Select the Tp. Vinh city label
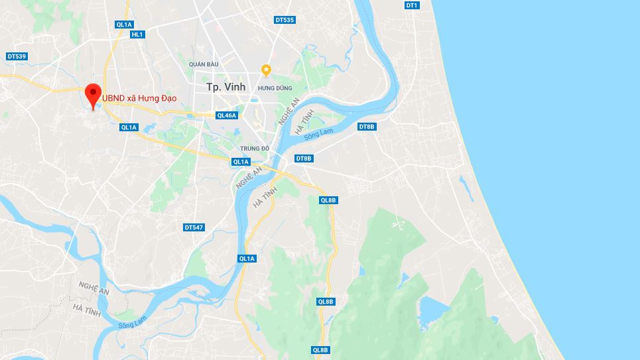point(225,87)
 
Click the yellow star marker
point(266,70)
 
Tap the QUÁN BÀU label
point(204,64)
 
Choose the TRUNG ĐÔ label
point(255,149)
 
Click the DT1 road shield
point(412,5)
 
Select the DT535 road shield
point(285,20)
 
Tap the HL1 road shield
point(137,34)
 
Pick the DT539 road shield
point(17,56)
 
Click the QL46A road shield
point(227,115)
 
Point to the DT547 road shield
point(194,227)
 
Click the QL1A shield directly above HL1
point(124,25)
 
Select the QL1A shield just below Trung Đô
point(240,162)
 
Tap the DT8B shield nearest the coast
point(367,127)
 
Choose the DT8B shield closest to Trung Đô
point(304,158)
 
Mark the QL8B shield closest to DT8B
point(328,200)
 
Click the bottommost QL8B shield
point(321,350)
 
